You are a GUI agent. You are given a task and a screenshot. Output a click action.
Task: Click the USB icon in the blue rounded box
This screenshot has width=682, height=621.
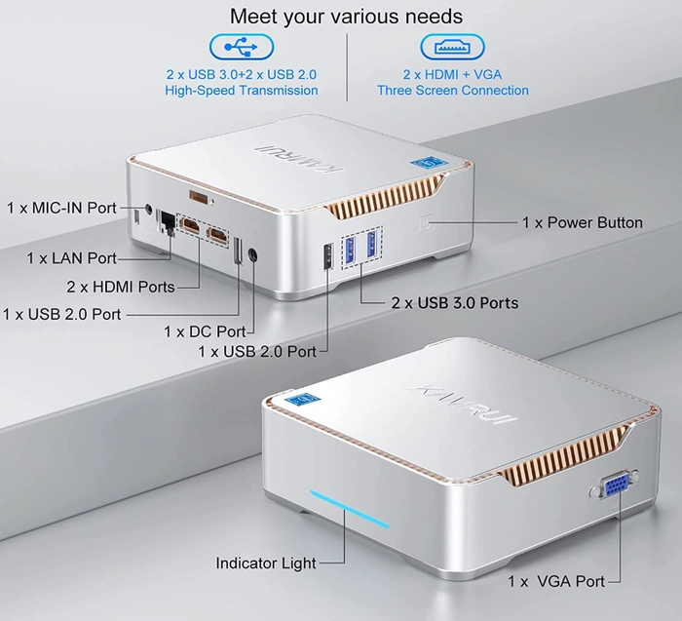coord(241,47)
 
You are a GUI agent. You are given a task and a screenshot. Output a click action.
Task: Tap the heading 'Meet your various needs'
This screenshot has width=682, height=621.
coord(346,17)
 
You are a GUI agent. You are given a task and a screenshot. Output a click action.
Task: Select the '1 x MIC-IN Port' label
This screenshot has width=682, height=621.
coord(61,208)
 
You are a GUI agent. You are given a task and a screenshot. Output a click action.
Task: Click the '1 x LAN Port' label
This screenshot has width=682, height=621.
coord(71,258)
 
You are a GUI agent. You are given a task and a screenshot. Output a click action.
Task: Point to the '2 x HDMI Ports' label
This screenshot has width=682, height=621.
coord(121,287)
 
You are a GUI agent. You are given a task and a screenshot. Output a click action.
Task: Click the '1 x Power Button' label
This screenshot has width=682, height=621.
coord(583,222)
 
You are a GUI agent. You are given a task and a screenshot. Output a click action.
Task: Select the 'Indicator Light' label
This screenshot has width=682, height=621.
coord(266,563)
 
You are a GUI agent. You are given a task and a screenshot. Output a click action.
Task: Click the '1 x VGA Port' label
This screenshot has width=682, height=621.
coord(556,581)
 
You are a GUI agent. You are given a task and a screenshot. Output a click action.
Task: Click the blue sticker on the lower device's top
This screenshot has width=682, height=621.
coord(309,399)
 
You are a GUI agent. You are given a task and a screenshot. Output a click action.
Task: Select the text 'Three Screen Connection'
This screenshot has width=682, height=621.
coord(453,91)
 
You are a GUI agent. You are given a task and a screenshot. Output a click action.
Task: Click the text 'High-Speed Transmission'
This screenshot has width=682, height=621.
coord(241,91)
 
